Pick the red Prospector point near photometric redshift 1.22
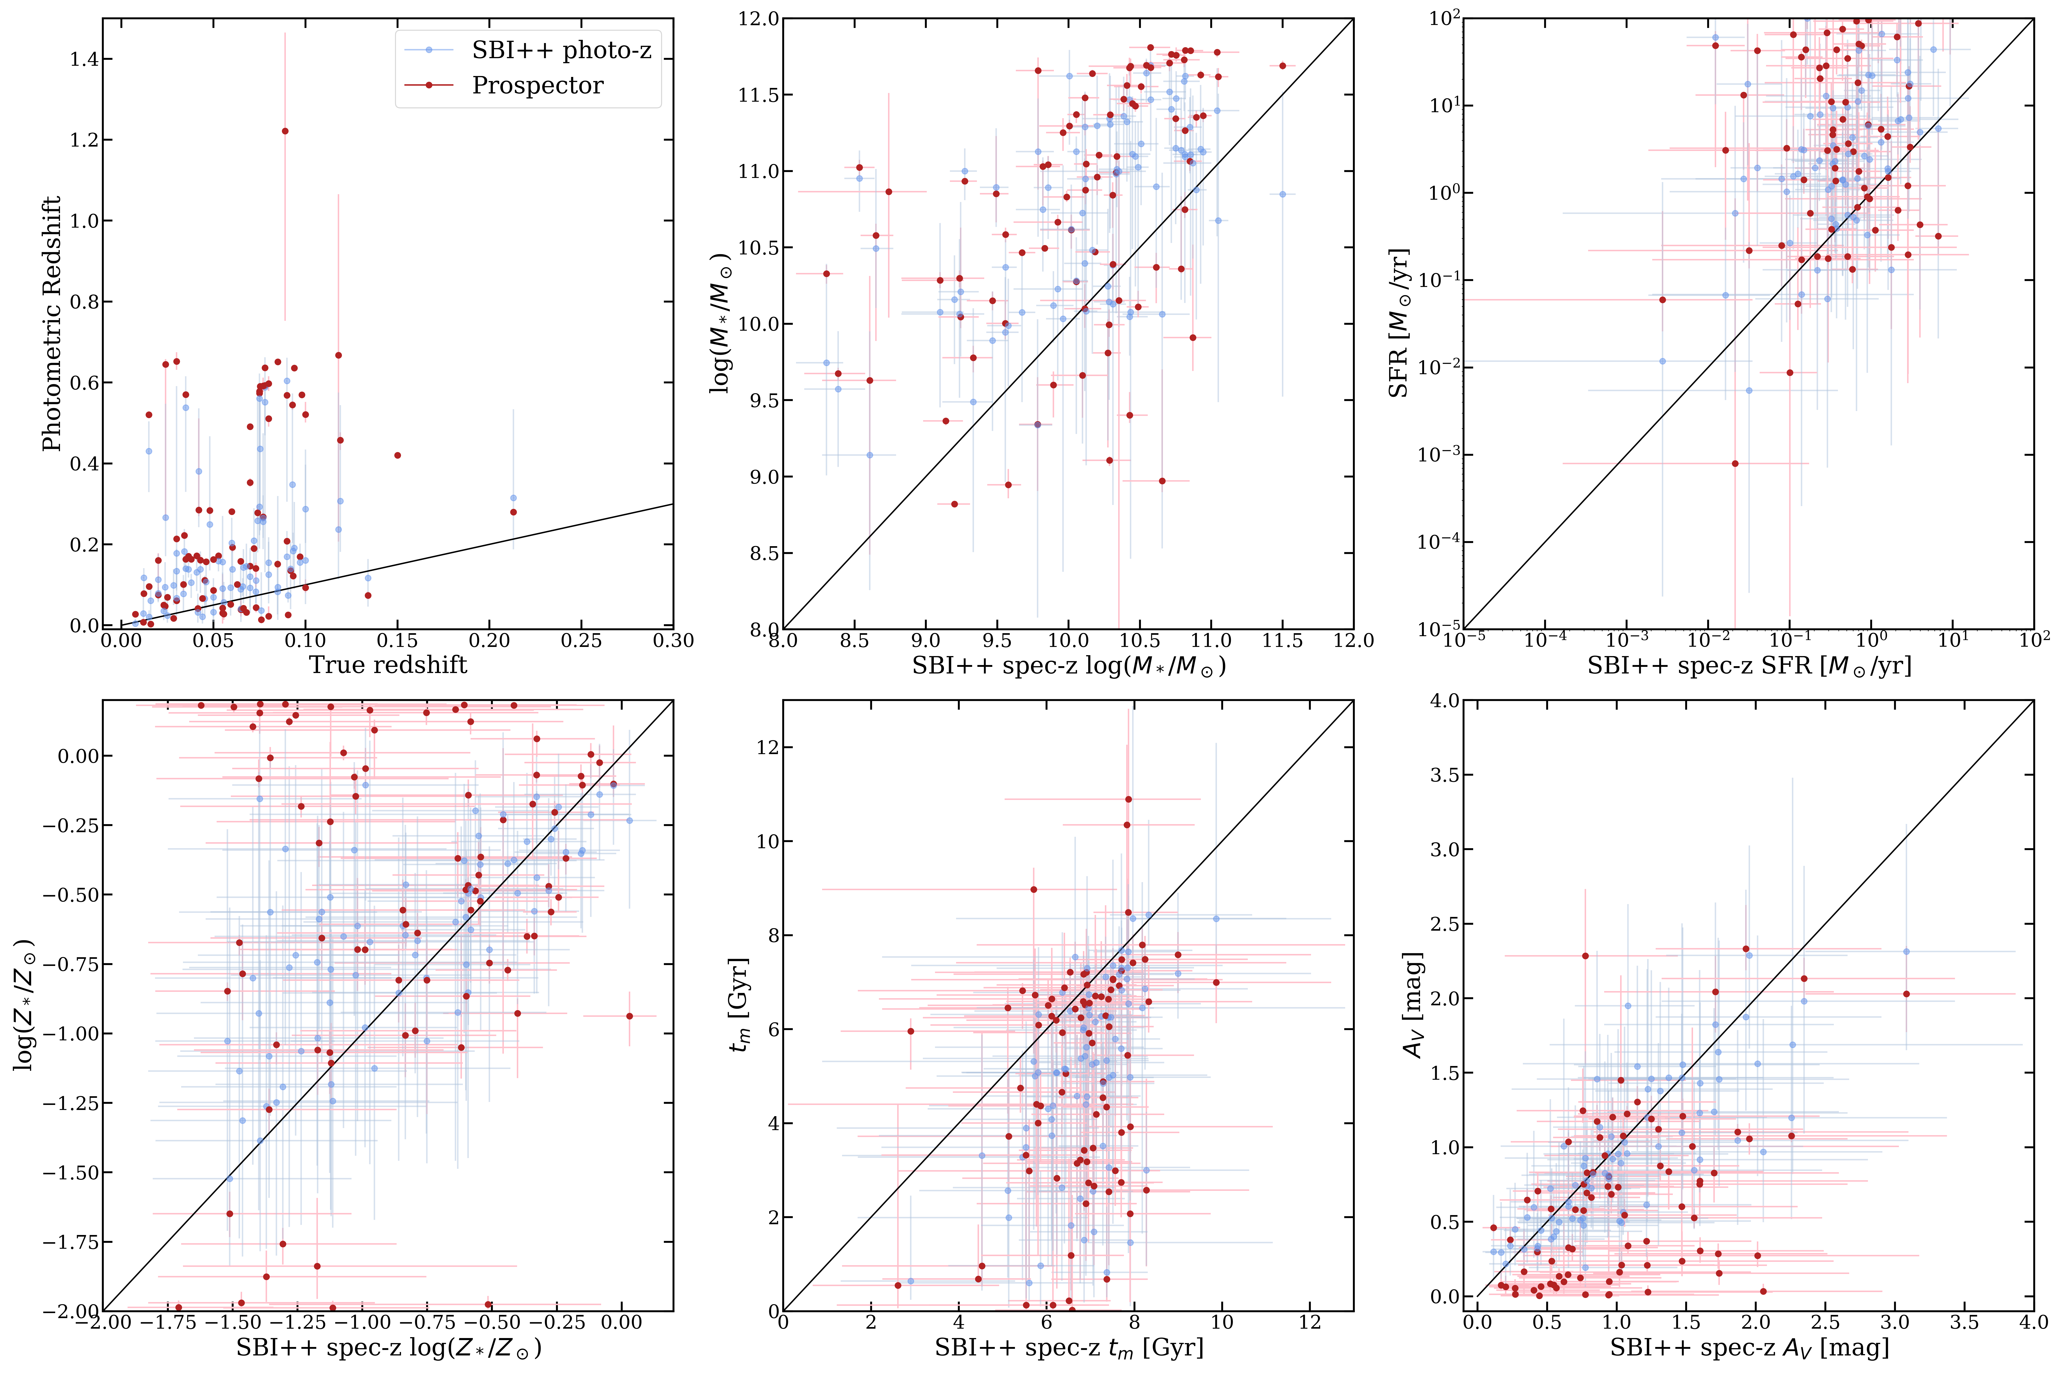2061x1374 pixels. [x=285, y=131]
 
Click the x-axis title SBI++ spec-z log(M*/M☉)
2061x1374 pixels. [x=1068, y=666]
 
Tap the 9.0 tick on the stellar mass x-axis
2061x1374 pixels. [x=925, y=641]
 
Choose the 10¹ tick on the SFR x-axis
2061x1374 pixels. [x=1953, y=641]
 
